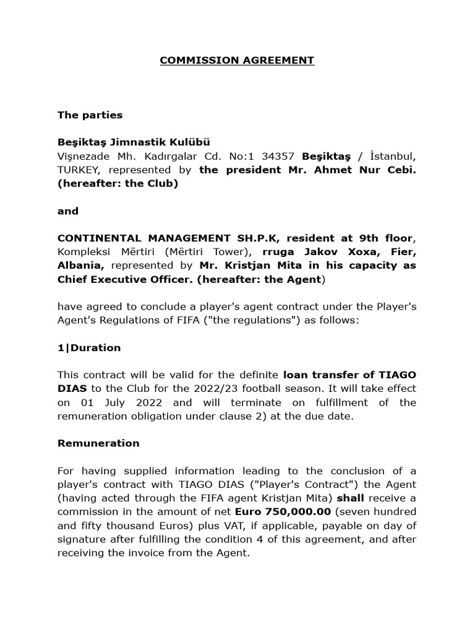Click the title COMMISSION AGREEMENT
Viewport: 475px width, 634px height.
pos(237,60)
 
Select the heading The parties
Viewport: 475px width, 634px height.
pos(90,115)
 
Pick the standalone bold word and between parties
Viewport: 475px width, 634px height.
pos(68,211)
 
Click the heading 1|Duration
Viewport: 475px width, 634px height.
pos(89,347)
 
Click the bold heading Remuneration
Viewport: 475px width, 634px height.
pos(98,443)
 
